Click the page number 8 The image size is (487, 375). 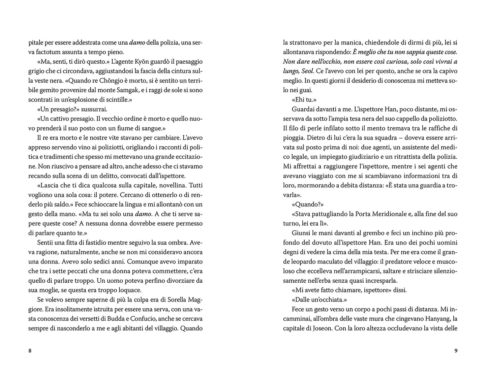[30, 351]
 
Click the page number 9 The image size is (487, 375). [456, 351]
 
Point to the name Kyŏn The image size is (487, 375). [152, 62]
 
